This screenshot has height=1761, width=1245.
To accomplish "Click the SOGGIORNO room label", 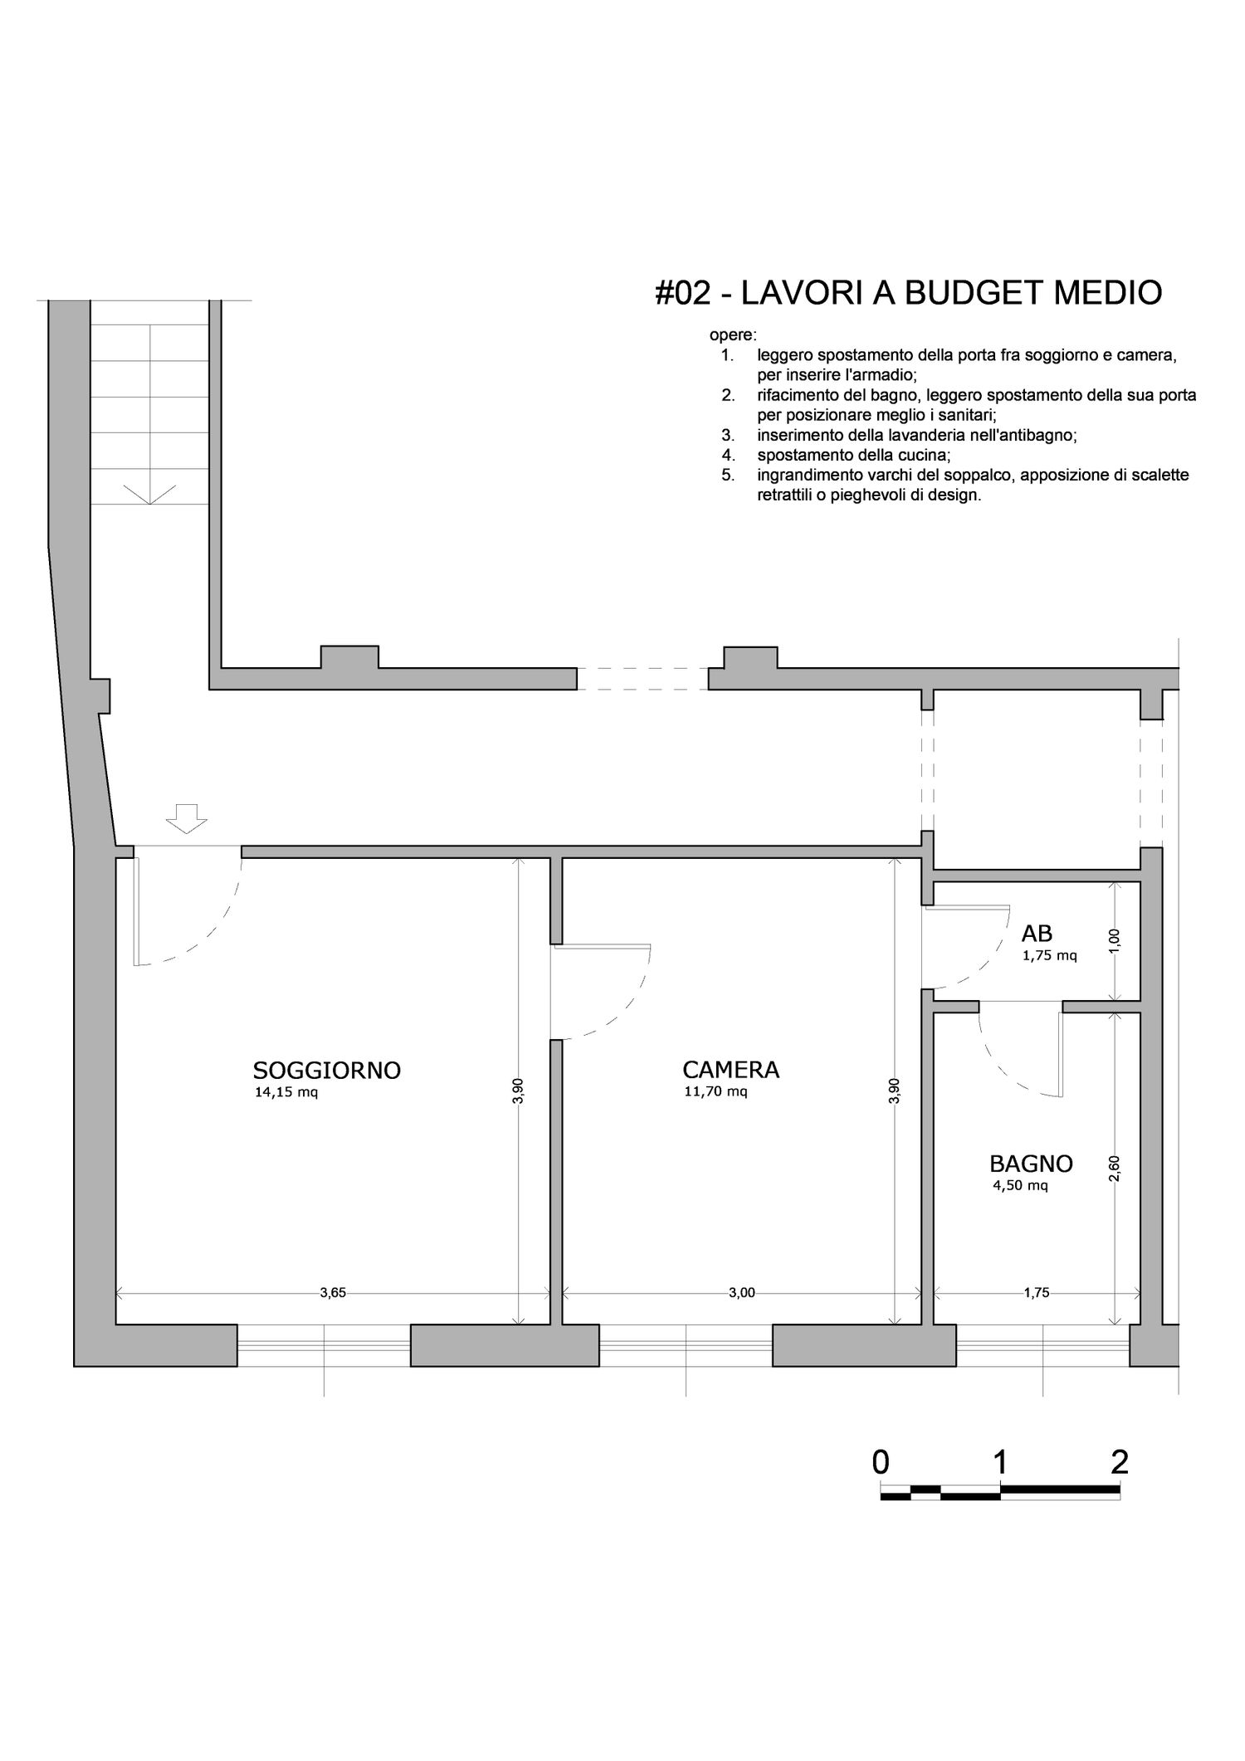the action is tap(327, 1071).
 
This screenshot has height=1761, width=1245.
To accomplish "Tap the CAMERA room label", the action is tap(730, 1070).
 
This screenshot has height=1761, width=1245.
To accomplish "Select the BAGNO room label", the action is tap(1031, 1163).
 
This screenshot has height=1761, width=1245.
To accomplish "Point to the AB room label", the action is tap(1037, 934).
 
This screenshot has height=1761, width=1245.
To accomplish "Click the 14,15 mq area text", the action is tap(286, 1092).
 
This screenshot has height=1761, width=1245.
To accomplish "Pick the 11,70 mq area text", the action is tap(715, 1091).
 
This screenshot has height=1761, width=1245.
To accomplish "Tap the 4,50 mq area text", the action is tap(1020, 1185).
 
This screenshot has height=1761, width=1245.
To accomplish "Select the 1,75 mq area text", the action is tap(1049, 955).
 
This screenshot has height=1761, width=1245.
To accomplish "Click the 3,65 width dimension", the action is tap(333, 1292).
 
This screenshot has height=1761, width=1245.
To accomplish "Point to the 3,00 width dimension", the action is tap(742, 1292).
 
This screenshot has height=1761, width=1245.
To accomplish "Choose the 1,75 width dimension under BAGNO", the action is tap(1037, 1292).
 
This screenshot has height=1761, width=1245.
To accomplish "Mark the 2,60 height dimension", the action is tap(1115, 1168).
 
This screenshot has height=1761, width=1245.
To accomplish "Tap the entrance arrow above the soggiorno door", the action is tap(186, 818).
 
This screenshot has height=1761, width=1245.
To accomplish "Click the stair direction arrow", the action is tap(149, 495).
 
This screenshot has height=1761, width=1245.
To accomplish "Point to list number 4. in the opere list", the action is tap(729, 455).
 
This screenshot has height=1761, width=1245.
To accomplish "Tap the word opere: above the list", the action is tap(733, 336).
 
